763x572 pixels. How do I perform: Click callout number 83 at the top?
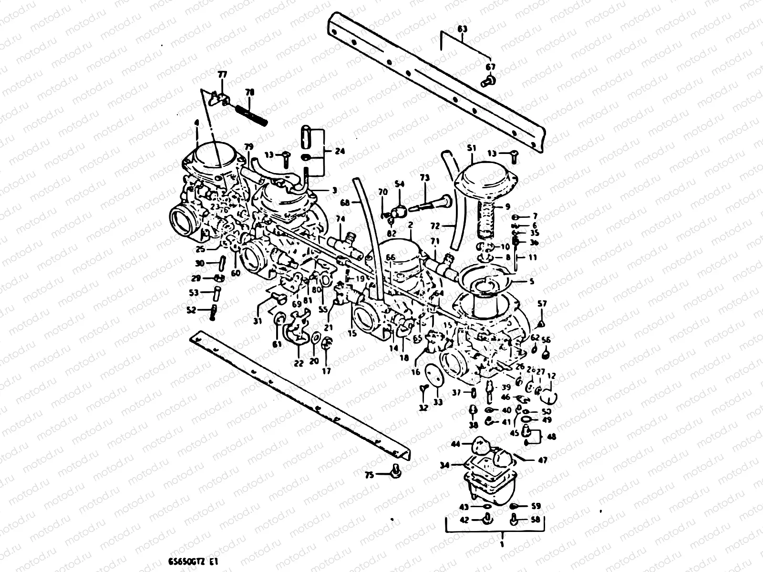point(462,29)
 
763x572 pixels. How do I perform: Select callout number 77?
point(223,75)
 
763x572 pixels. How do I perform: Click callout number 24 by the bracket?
point(340,152)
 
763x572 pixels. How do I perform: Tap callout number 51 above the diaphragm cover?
point(472,148)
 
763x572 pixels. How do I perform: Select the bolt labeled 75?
point(395,472)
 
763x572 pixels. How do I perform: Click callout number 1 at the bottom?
point(502,543)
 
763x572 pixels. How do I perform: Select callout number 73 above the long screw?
point(424,178)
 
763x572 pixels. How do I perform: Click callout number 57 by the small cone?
point(542,303)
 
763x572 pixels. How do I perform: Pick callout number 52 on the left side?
point(191,310)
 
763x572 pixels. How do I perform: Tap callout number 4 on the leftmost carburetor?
point(196,122)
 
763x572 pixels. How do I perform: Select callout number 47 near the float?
point(542,460)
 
